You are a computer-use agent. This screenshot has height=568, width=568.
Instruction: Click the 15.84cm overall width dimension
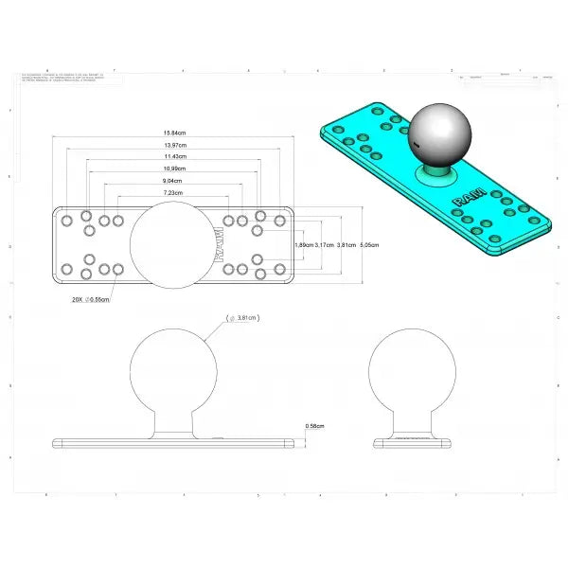(x=172, y=133)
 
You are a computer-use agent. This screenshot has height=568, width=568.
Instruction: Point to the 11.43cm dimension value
(x=172, y=156)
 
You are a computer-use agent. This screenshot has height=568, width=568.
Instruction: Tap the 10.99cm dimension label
(x=172, y=169)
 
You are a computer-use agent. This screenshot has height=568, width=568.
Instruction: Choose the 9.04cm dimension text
(x=172, y=181)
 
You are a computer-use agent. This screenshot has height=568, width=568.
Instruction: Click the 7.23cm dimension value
(x=172, y=193)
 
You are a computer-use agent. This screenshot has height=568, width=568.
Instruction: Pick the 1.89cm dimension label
(x=304, y=245)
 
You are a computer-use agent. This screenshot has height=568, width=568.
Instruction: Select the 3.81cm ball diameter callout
(x=244, y=318)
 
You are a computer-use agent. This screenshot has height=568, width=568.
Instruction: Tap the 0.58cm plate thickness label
(x=315, y=426)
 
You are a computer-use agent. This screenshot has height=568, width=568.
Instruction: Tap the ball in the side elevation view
(x=411, y=369)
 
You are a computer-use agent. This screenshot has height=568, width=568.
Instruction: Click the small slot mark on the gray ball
(x=415, y=144)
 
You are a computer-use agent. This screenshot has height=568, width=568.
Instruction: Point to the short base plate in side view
(x=411, y=441)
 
